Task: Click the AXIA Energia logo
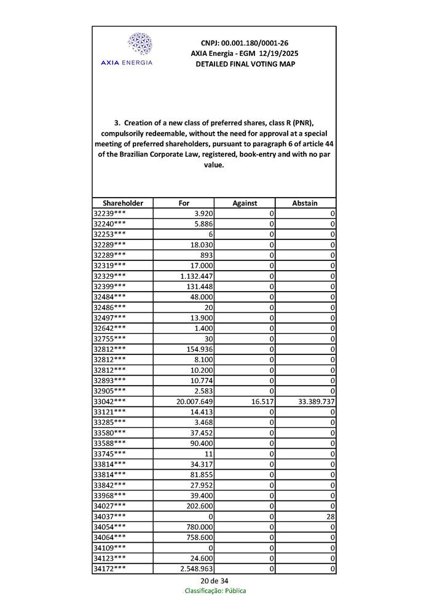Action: [x=127, y=49]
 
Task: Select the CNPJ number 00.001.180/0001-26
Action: [x=245, y=43]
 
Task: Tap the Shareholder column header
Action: [x=123, y=203]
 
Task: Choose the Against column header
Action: [x=245, y=203]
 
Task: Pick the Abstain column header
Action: [x=305, y=203]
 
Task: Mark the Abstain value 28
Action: [x=330, y=517]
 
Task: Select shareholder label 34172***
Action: [x=110, y=569]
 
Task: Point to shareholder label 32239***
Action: [x=110, y=213]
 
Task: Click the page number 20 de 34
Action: [x=214, y=581]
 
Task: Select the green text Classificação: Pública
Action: [x=215, y=591]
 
